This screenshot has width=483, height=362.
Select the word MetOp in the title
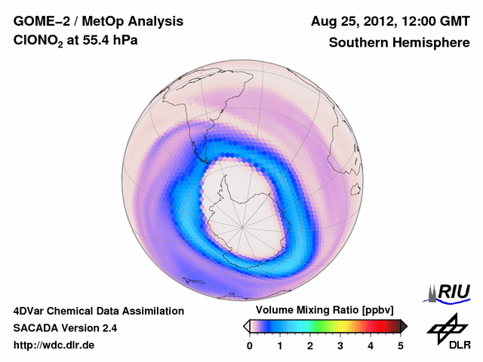coord(100,21)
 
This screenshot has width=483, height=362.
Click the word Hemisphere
coord(437,43)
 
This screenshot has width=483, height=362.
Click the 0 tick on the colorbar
coord(250,345)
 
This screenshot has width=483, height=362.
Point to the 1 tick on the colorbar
coord(280,345)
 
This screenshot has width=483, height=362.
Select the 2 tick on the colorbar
coord(310,345)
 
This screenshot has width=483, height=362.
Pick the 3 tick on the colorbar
coord(340,345)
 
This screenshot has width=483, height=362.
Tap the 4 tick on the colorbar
coord(371,345)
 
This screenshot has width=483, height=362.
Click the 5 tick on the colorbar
coord(401,345)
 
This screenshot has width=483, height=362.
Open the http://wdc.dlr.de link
coord(54,345)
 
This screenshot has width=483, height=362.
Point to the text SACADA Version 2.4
coord(65,328)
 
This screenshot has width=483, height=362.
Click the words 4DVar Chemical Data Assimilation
coord(98,311)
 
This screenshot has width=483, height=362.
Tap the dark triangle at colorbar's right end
coord(404,326)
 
